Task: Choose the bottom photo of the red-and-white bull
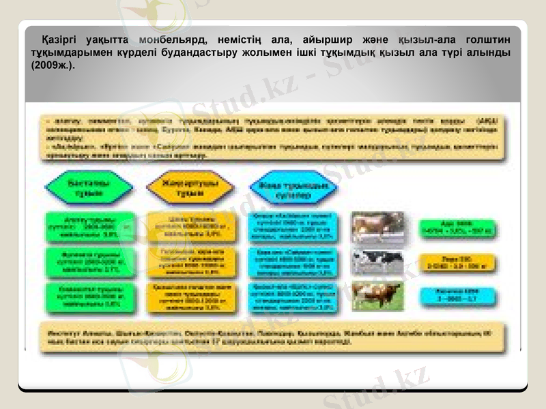click(377, 295)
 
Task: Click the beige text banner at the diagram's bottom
click(273, 335)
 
